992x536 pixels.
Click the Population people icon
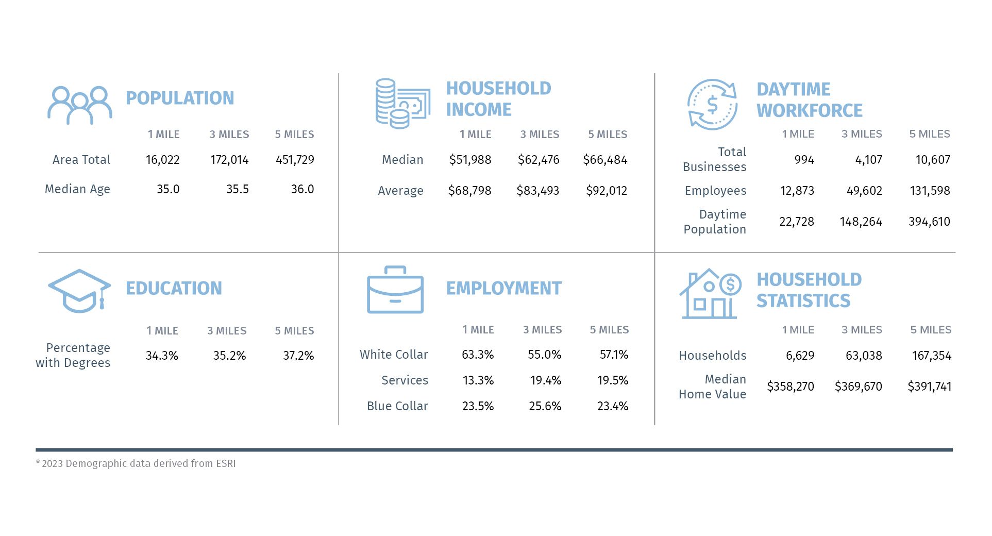(80, 105)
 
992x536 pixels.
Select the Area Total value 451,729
(295, 160)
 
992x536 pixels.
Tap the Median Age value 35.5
(237, 189)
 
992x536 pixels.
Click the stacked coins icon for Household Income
(402, 104)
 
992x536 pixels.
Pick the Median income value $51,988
(470, 160)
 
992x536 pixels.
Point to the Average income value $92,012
(607, 191)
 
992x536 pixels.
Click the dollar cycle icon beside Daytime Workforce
(712, 105)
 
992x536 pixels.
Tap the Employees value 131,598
(930, 191)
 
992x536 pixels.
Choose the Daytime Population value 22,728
(797, 222)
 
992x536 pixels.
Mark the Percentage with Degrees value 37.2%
(298, 356)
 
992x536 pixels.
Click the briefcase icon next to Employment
(395, 290)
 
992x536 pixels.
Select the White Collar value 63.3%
(478, 355)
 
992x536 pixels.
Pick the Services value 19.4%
(545, 380)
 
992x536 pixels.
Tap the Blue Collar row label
(397, 406)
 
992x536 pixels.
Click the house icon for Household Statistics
(710, 294)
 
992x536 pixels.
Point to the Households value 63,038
(864, 356)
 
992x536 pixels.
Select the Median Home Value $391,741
(929, 387)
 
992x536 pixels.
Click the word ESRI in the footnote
(226, 463)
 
